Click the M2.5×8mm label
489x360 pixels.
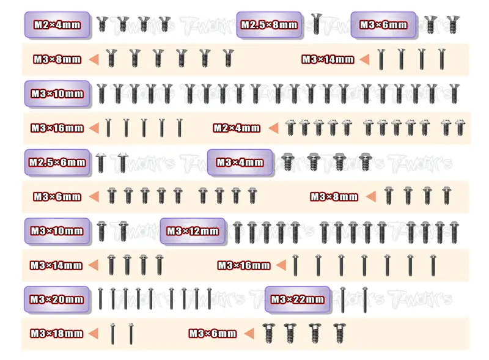click(269, 24)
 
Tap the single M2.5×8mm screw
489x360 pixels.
click(316, 24)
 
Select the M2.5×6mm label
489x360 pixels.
click(57, 162)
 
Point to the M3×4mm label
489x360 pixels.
click(240, 162)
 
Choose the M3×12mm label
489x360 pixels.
click(193, 231)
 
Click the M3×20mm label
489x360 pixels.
click(57, 299)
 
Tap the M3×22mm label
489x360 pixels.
click(297, 299)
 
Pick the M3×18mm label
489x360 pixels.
click(57, 334)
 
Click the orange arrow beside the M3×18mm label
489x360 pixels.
click(94, 333)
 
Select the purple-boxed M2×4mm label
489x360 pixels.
click(57, 24)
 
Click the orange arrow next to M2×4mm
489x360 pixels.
click(273, 128)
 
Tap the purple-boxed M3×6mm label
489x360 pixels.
click(383, 24)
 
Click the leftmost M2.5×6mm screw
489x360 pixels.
click(100, 163)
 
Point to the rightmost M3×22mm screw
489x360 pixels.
click(365, 299)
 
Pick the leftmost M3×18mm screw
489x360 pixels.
click(112, 334)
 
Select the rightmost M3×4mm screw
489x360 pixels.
click(364, 161)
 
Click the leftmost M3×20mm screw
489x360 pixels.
click(100, 299)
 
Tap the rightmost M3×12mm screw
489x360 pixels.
click(454, 232)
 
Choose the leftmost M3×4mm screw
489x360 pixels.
click(288, 161)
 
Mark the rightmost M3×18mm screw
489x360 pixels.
click(131, 334)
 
